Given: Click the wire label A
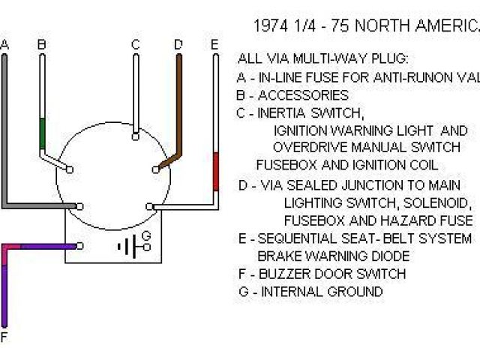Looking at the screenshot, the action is pyautogui.click(x=4, y=45).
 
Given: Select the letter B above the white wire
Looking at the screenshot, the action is pyautogui.click(x=41, y=45).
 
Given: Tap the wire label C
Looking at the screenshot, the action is pyautogui.click(x=135, y=45).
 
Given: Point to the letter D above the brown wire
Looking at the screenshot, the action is pyautogui.click(x=178, y=45).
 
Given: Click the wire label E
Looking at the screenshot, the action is pyautogui.click(x=214, y=45).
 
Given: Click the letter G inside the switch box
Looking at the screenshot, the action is pyautogui.click(x=146, y=235).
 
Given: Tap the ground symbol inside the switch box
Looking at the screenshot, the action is pyautogui.click(x=128, y=245).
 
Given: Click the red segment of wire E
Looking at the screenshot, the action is pyautogui.click(x=216, y=171).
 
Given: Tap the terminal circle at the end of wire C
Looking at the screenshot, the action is pyautogui.click(x=135, y=136).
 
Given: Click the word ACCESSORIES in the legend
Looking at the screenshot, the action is pyautogui.click(x=303, y=95).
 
